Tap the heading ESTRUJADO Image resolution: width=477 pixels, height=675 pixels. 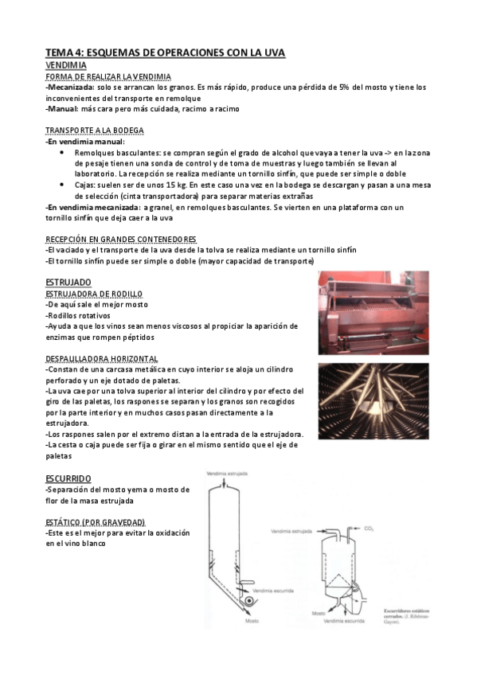click(x=68, y=282)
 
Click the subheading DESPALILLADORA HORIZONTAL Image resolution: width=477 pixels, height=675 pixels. click(x=102, y=359)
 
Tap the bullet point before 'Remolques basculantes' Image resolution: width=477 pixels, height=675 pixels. click(x=62, y=152)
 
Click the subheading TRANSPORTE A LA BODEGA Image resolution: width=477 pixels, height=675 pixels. click(x=95, y=131)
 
